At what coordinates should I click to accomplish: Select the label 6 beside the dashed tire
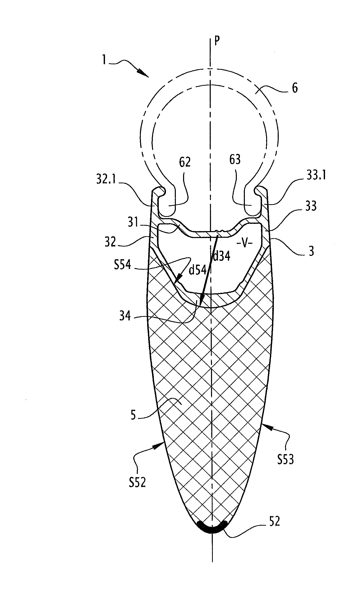point(295,88)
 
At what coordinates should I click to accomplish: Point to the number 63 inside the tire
point(235,160)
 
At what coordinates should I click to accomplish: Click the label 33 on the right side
point(311,207)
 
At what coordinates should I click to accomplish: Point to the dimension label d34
point(221,256)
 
